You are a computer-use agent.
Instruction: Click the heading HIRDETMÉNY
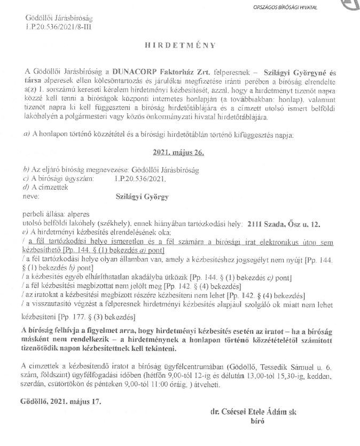click(x=181, y=45)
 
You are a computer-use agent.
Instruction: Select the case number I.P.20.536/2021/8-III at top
click(x=58, y=26)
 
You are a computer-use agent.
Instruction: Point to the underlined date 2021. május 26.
click(x=179, y=152)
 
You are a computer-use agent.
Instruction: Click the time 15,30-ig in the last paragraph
click(x=285, y=375)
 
